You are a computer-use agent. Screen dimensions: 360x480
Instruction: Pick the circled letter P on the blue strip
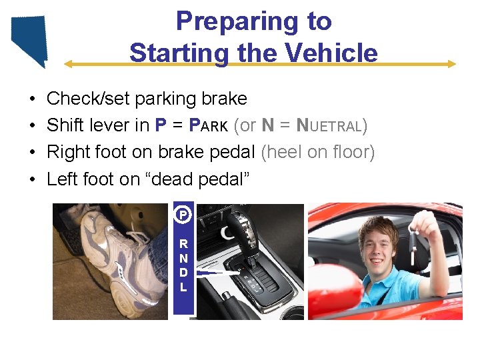tap(183, 215)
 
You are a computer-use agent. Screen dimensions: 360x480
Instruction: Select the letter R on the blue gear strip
tap(183, 244)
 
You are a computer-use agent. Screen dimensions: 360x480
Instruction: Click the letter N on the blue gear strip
tap(183, 259)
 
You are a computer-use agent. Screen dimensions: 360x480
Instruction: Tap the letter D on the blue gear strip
tap(183, 273)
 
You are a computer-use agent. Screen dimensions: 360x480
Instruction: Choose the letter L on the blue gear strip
tap(183, 288)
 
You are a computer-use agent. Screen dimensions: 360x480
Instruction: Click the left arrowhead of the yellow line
tap(67, 64)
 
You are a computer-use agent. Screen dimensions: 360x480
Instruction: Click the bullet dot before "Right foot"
tap(33, 153)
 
